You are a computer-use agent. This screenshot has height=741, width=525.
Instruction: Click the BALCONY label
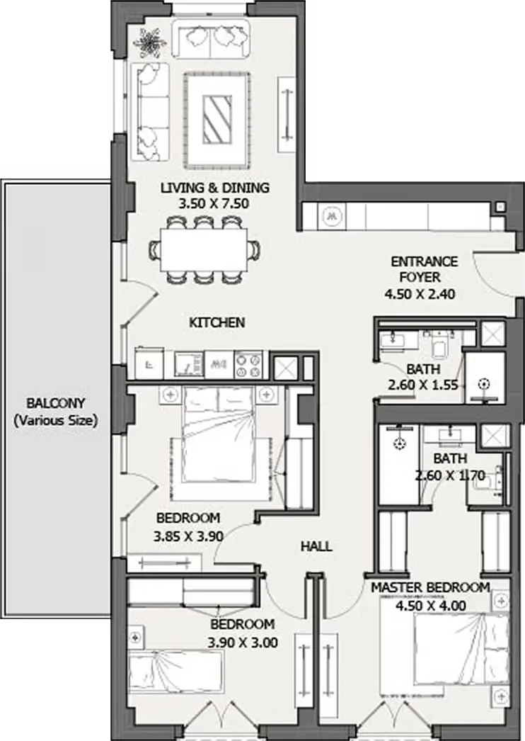[x=56, y=404]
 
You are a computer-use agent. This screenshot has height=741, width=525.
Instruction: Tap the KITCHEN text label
[x=217, y=323]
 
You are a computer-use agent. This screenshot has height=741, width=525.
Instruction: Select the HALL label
[x=316, y=546]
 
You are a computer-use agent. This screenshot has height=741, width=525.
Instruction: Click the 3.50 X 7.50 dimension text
[x=214, y=204]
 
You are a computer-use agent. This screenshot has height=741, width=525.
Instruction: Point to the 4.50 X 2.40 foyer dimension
[x=420, y=294]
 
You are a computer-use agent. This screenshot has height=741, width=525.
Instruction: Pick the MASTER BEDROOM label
[x=430, y=588]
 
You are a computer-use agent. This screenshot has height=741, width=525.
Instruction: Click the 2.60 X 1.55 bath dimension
[x=423, y=385]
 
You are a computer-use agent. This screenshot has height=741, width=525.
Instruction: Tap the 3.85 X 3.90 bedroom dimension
[x=188, y=536]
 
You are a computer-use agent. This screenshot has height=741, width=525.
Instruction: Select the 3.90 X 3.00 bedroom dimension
[x=243, y=643]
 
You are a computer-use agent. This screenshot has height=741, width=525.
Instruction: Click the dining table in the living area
[x=204, y=249]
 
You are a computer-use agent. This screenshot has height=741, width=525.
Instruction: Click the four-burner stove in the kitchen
[x=248, y=365]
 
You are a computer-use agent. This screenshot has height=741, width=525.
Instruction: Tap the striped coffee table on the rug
[x=217, y=120]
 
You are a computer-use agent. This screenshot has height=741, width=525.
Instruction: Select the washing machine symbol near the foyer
[x=333, y=217]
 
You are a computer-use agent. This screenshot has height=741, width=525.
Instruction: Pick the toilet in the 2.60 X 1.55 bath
[x=441, y=344]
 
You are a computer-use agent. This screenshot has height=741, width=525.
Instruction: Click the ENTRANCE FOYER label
[x=424, y=269]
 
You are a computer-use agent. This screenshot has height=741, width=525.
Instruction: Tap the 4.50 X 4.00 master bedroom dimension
[x=431, y=606]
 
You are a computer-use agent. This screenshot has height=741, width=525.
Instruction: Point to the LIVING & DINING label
[x=215, y=188]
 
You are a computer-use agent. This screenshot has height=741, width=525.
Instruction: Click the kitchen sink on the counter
[x=189, y=365]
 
